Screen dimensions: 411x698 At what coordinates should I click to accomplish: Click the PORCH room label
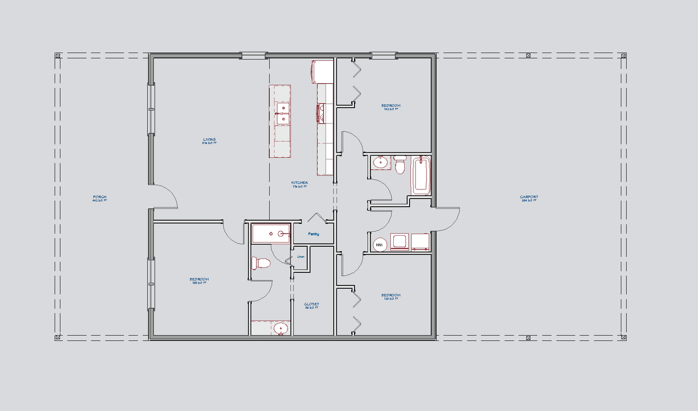(100, 197)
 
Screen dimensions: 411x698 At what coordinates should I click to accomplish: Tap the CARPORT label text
(529, 197)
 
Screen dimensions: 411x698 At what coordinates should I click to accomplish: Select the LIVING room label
(209, 140)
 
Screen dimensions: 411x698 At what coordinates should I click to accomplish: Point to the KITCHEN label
(299, 183)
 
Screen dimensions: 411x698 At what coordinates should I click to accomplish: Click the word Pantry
(313, 234)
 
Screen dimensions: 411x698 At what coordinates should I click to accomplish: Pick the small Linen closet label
(301, 256)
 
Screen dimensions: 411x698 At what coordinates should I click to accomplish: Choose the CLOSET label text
(312, 305)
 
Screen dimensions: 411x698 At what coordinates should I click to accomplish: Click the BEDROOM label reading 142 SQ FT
(391, 106)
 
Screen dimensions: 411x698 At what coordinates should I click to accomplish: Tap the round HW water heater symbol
(380, 245)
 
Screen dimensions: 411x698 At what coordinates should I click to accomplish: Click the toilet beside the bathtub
(400, 165)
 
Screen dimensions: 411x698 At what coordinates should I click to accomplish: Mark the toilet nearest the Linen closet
(261, 263)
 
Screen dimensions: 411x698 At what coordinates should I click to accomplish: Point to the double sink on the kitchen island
(282, 113)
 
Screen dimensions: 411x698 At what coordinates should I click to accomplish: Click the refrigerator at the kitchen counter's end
(323, 71)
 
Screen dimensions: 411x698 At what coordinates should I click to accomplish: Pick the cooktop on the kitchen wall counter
(321, 113)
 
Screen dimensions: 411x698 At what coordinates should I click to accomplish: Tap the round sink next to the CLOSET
(280, 328)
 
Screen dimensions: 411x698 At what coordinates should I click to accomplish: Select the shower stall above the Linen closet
(271, 234)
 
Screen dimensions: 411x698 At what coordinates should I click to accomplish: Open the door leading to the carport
(447, 220)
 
